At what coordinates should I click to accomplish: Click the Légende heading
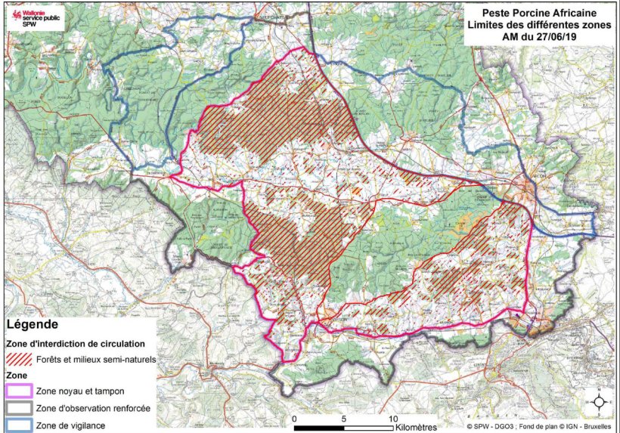(32, 324)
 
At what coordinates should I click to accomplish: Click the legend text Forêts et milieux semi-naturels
(95, 360)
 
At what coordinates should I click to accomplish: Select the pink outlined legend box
(19, 391)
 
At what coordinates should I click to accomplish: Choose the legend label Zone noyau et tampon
(80, 391)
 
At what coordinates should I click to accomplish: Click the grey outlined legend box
(19, 408)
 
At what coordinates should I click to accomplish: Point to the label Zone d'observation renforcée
(92, 408)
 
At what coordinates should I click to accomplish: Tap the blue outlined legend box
(19, 425)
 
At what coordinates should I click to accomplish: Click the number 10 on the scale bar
(393, 418)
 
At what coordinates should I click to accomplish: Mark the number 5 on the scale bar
(344, 418)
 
